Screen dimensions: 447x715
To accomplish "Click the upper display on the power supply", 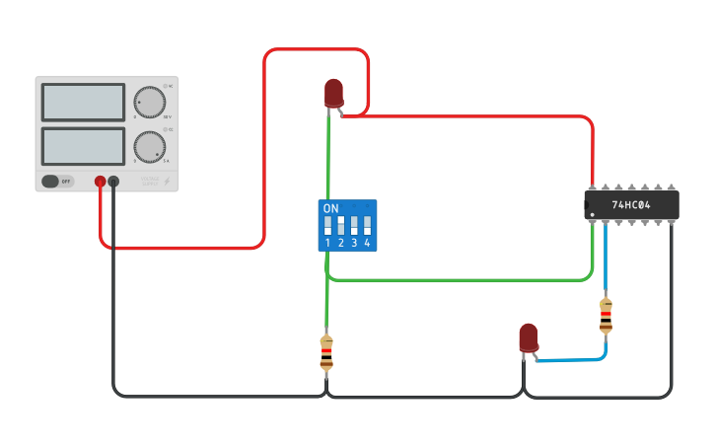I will [83, 102].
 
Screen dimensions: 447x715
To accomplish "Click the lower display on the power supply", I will [83, 146].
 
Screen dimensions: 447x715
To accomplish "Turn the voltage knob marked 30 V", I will [149, 103].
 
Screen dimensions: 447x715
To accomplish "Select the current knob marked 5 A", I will [149, 146].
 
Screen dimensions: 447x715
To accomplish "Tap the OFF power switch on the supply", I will [57, 182].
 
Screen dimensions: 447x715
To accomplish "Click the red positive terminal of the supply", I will [101, 182].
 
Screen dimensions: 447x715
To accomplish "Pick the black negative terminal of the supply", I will [114, 182].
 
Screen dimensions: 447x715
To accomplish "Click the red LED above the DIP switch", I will [334, 93].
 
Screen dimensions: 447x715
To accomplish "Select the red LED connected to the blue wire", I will [529, 337].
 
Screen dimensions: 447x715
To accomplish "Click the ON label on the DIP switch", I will [331, 208].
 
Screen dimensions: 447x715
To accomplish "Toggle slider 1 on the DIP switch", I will [327, 224].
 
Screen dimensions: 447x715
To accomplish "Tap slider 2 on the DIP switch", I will [340, 224].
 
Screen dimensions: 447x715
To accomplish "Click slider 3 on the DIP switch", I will [353, 224].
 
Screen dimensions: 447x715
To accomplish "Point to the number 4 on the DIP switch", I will [367, 243].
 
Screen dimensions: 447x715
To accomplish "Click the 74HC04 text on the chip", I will [631, 205].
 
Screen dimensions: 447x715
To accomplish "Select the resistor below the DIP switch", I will [326, 352].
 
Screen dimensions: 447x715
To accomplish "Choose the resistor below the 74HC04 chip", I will [606, 316].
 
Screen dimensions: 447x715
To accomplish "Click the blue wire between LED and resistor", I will [572, 358].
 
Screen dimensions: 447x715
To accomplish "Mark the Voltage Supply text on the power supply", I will [149, 181].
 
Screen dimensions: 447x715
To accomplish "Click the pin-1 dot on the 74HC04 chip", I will [593, 214].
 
